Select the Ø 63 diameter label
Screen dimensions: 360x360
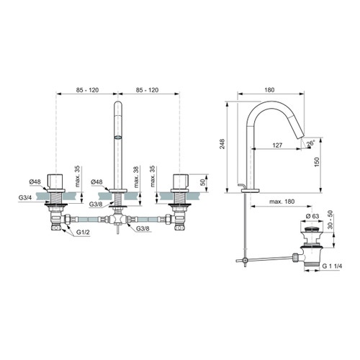[312, 216]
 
